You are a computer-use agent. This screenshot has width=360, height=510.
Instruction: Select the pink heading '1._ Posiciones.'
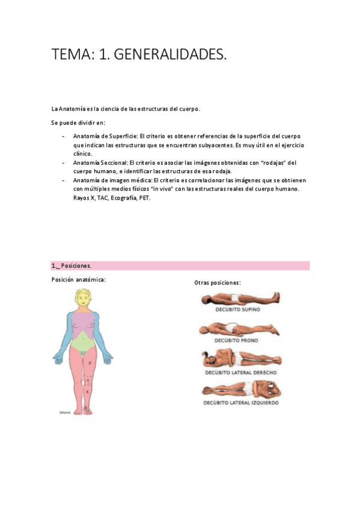(72, 265)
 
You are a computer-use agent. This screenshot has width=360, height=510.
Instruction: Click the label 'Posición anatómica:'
(79, 280)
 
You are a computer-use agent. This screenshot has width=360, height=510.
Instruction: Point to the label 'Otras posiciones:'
(218, 283)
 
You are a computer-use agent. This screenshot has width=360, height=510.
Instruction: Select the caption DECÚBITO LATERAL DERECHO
(240, 372)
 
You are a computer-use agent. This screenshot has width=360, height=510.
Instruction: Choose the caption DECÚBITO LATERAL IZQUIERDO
(241, 403)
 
